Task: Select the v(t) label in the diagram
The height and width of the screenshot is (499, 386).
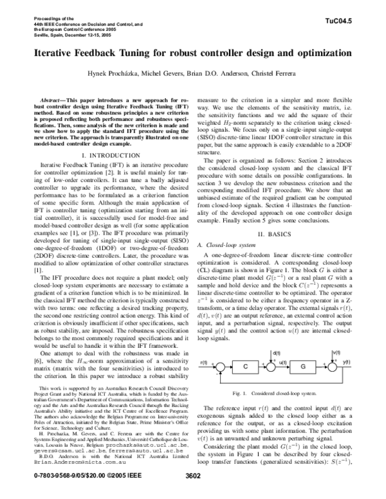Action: [x=336, y=353]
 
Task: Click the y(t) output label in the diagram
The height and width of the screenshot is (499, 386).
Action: [x=347, y=363]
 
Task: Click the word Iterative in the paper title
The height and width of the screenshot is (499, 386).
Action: [x=51, y=51]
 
